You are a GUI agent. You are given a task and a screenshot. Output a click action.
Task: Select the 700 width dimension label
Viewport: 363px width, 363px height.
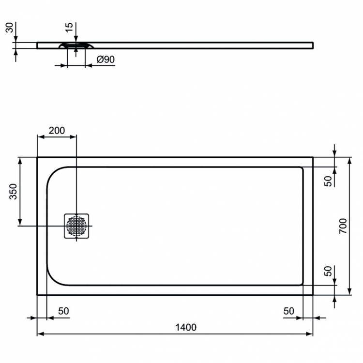point(342,226)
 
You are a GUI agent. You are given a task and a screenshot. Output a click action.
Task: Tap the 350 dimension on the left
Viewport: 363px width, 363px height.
point(13,192)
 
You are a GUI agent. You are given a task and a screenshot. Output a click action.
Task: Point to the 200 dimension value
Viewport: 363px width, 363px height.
point(57,130)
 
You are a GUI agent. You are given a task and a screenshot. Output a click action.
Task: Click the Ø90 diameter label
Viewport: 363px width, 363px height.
point(105,60)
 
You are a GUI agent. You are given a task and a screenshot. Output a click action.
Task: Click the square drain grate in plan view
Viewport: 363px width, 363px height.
point(76,226)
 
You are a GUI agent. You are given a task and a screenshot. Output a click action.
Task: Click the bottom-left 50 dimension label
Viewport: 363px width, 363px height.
point(63,311)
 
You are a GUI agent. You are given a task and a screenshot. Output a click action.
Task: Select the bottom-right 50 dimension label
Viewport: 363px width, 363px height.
point(289,311)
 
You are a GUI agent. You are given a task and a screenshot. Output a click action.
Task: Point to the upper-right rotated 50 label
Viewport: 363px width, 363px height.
point(328,181)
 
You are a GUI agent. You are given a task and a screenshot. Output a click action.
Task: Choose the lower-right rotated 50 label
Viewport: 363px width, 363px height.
point(328,272)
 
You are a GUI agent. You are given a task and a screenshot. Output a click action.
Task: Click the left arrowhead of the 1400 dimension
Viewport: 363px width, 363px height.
point(40,334)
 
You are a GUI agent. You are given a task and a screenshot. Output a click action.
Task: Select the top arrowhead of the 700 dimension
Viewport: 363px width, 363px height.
point(349,160)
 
